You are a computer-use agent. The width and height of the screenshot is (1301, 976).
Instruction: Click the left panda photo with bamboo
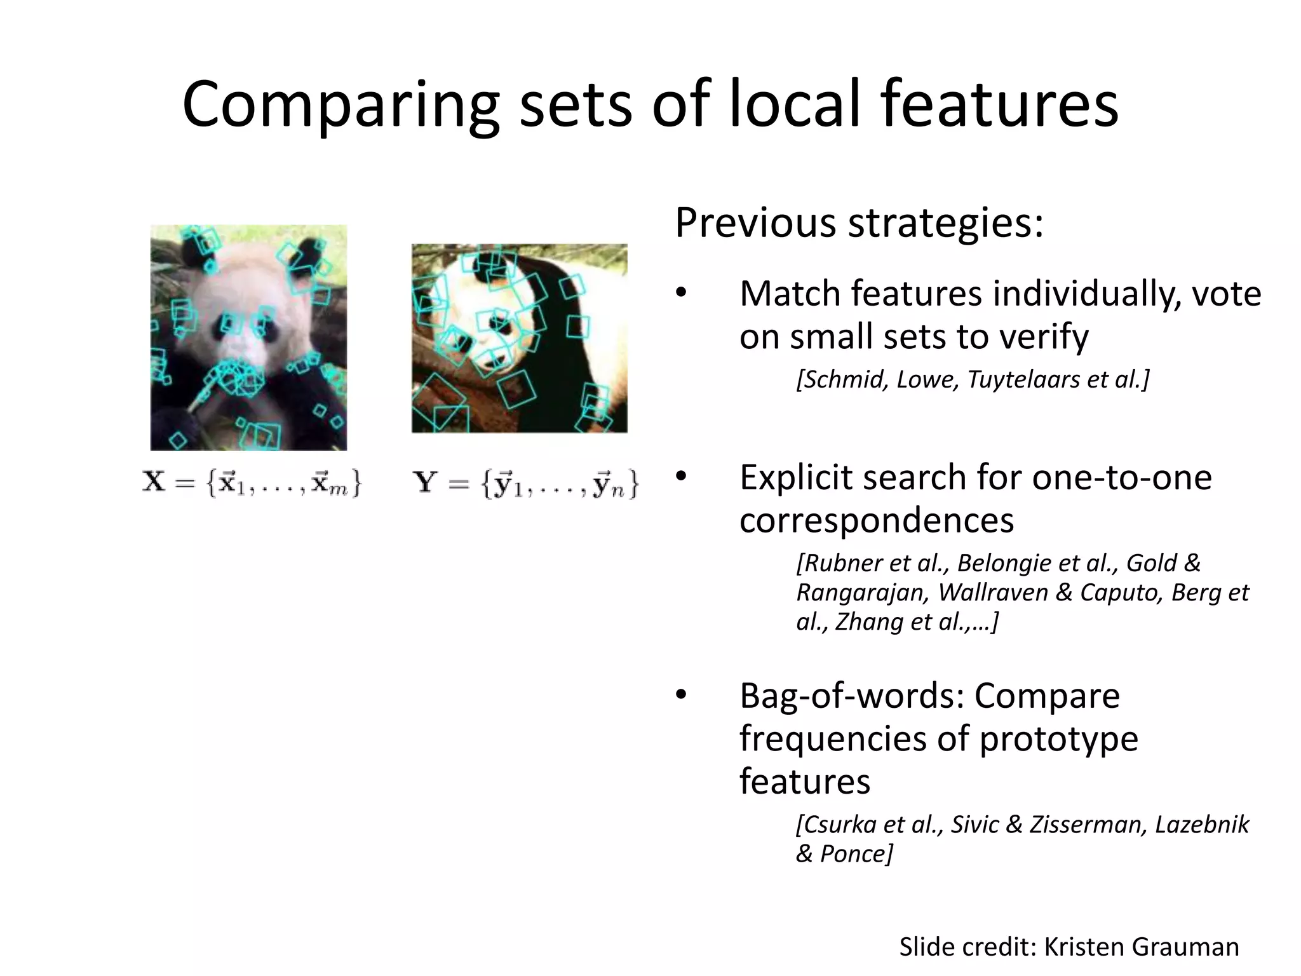[x=248, y=337]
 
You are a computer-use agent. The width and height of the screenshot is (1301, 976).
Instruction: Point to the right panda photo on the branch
[x=519, y=338]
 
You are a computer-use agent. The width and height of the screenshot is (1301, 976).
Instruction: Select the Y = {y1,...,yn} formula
[x=525, y=484]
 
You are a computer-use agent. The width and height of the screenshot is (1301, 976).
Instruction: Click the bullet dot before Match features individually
[x=682, y=294]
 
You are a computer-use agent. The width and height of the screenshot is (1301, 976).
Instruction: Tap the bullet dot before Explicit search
[x=682, y=477]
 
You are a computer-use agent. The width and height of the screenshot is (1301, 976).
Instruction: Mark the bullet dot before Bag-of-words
[x=682, y=695]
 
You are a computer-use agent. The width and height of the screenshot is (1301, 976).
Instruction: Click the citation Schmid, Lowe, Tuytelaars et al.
[x=973, y=379]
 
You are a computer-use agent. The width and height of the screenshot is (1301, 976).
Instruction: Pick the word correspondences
[x=877, y=520]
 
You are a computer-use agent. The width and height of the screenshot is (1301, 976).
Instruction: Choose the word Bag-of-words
[x=852, y=696]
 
